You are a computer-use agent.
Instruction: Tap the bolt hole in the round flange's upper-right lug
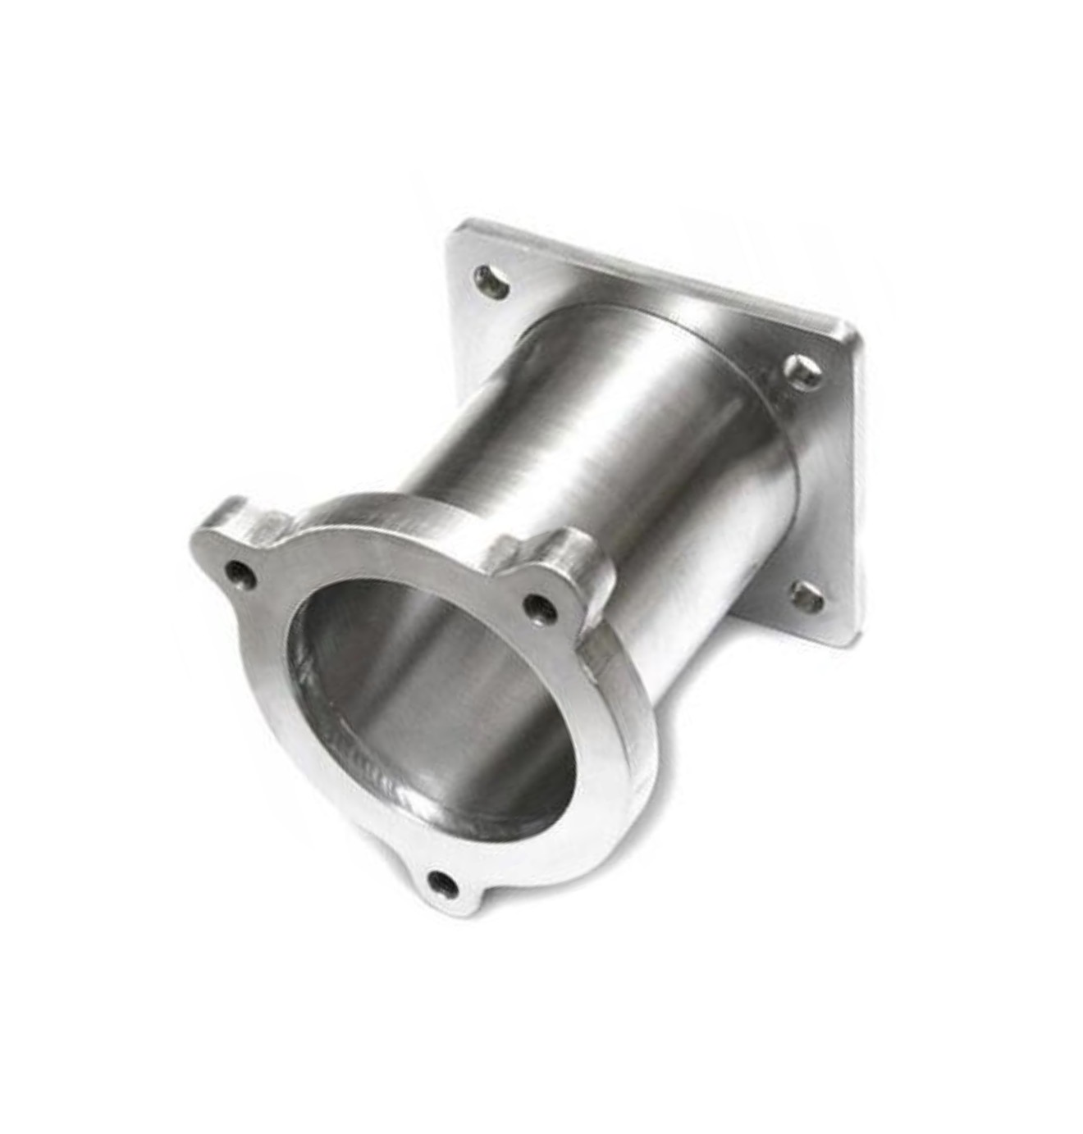click(x=537, y=606)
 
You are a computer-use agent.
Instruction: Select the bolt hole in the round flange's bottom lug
click(x=445, y=882)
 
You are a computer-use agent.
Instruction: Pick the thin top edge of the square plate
click(x=656, y=271)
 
